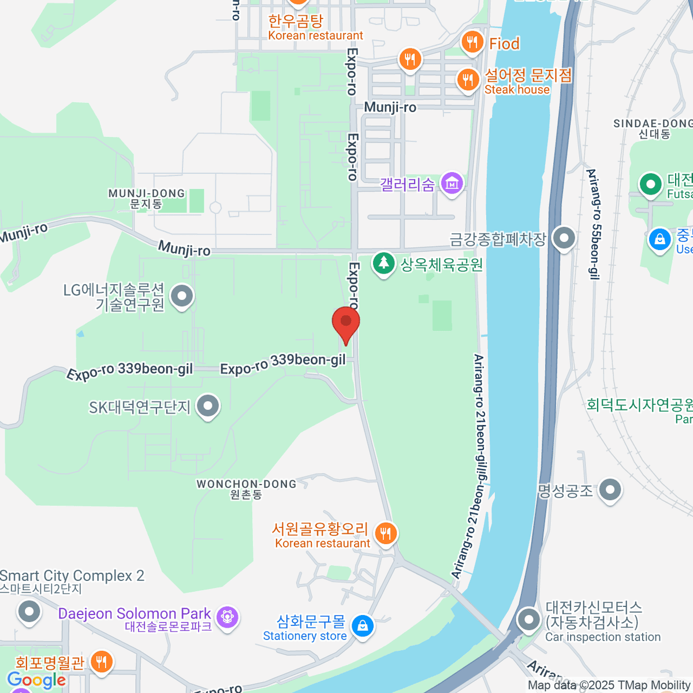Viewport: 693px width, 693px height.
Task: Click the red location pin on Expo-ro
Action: click(x=346, y=321)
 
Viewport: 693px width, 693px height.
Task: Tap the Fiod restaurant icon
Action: click(x=472, y=42)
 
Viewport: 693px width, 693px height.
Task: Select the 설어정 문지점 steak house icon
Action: click(x=468, y=80)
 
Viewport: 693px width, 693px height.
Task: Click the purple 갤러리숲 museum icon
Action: click(x=452, y=184)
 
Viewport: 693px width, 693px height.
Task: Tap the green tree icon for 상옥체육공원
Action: click(x=383, y=264)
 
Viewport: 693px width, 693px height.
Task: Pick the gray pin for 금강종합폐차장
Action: click(x=564, y=238)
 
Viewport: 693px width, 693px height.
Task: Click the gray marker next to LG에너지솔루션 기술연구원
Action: click(x=182, y=297)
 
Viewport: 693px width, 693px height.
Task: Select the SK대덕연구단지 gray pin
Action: click(x=208, y=407)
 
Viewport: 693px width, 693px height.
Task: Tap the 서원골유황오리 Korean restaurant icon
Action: click(x=386, y=534)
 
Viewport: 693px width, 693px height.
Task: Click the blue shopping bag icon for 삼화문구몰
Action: click(x=362, y=627)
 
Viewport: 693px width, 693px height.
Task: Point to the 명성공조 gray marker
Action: click(x=610, y=491)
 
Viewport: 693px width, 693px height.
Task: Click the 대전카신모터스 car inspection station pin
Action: click(x=528, y=620)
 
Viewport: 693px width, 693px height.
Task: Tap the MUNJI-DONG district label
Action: click(x=147, y=199)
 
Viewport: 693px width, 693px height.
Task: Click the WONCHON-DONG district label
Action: click(x=246, y=489)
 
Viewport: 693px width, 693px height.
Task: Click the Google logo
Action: click(x=36, y=680)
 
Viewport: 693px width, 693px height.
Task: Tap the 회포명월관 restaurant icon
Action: click(x=102, y=662)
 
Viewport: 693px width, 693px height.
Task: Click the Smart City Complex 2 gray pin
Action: click(x=29, y=612)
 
